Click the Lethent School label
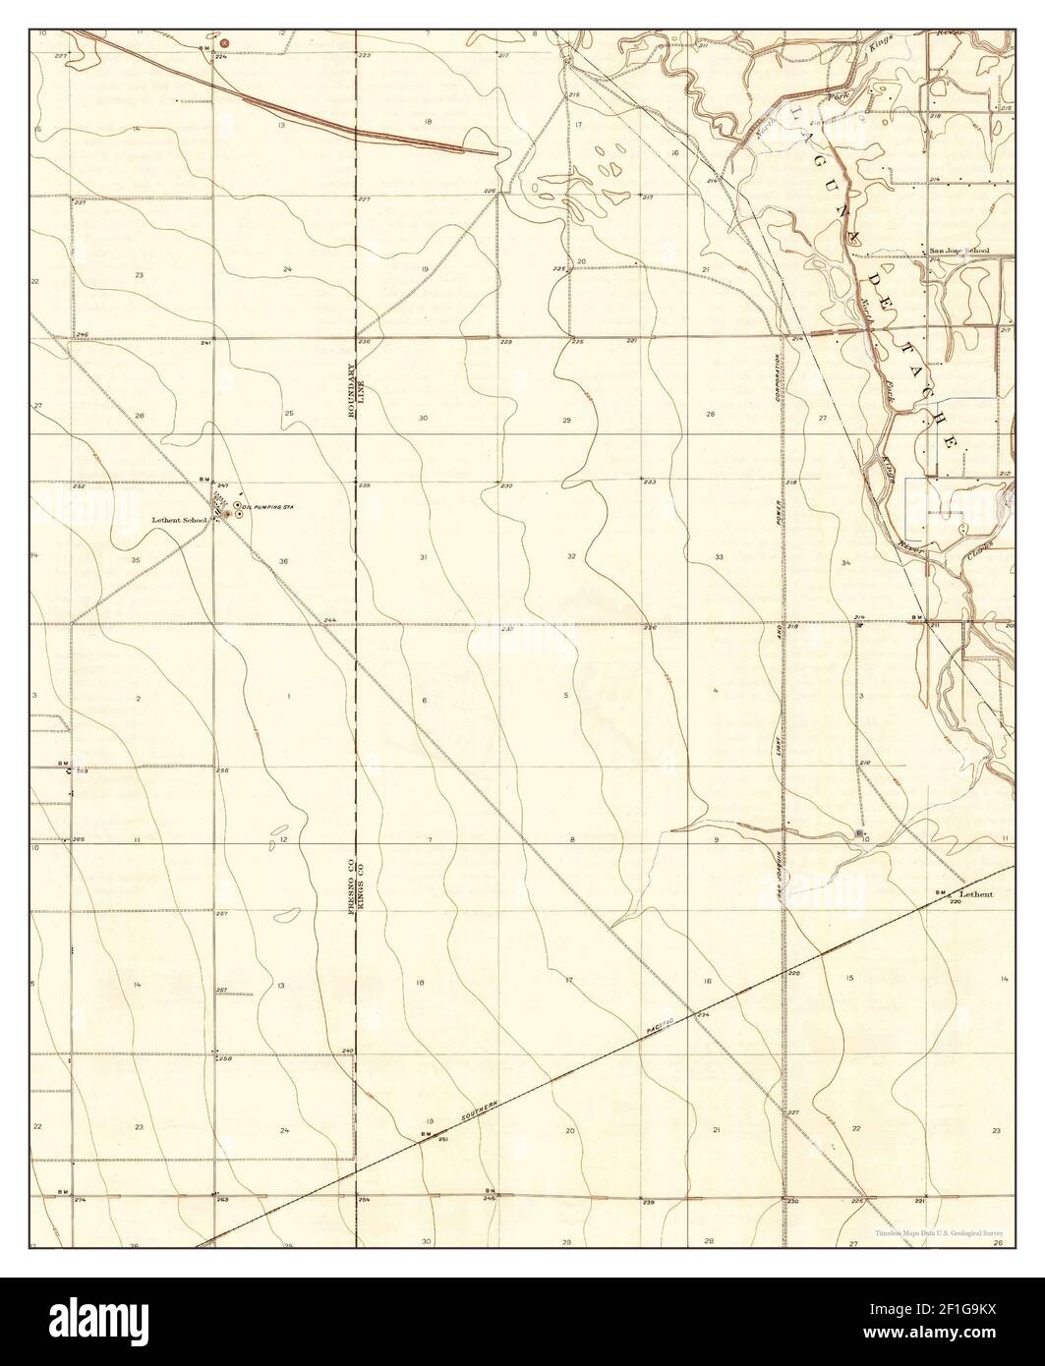[180, 519]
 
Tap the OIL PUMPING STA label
[270, 506]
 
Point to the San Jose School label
[960, 252]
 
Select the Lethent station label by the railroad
[977, 894]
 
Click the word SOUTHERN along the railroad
[476, 1113]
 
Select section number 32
[571, 556]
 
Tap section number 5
[566, 696]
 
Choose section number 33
[720, 557]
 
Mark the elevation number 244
[329, 620]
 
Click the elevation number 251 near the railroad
[443, 1139]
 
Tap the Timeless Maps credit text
[940, 1233]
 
